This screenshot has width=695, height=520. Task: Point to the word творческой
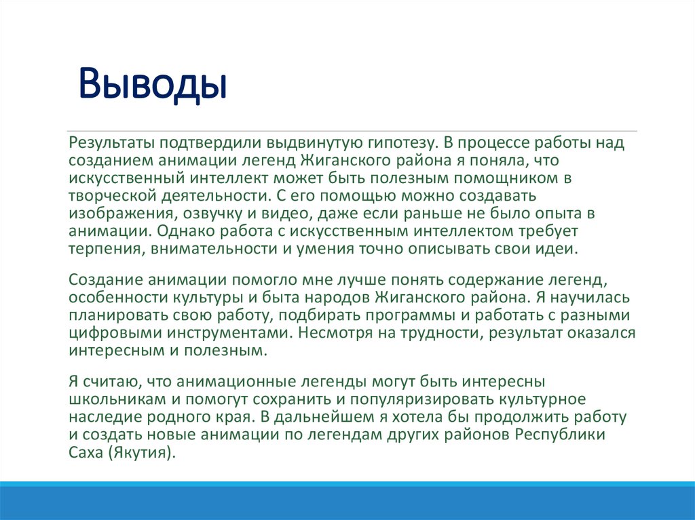coord(107,196)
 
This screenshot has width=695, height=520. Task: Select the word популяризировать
coord(388,398)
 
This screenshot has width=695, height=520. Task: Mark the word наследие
coord(102,416)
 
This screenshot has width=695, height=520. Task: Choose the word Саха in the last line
coord(85,452)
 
